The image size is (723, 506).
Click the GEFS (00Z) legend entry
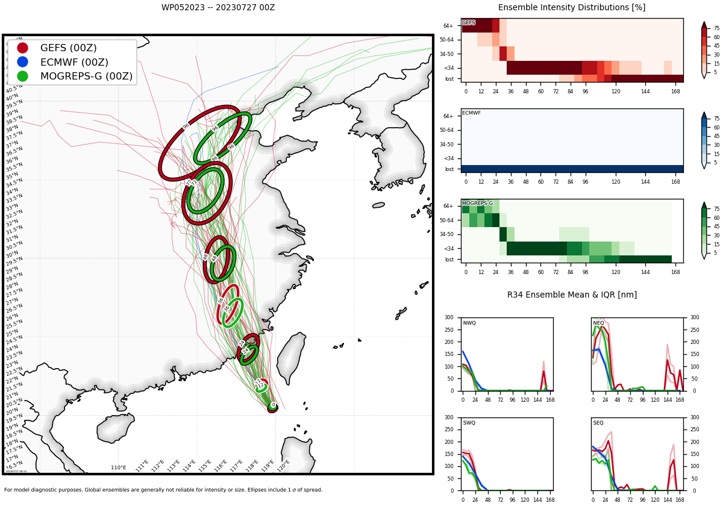pos(68,48)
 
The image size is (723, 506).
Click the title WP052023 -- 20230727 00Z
pos(218,8)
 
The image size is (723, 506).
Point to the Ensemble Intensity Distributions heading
pos(572,8)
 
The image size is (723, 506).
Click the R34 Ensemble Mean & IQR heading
pos(572,295)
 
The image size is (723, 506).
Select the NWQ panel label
pos(469,323)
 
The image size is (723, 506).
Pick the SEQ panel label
pos(598,423)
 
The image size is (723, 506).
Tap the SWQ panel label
pos(469,423)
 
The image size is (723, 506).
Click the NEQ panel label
pos(598,323)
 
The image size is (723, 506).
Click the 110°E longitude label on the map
pos(119,467)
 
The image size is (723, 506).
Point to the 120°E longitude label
pos(284,465)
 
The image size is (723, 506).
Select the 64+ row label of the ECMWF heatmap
pos(448,116)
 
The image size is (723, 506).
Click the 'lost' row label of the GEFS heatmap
pos(449,79)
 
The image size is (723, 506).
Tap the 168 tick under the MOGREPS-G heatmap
pos(676,272)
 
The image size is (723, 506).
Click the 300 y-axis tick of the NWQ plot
pos(449,317)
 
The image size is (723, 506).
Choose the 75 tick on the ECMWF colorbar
pos(716,119)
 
